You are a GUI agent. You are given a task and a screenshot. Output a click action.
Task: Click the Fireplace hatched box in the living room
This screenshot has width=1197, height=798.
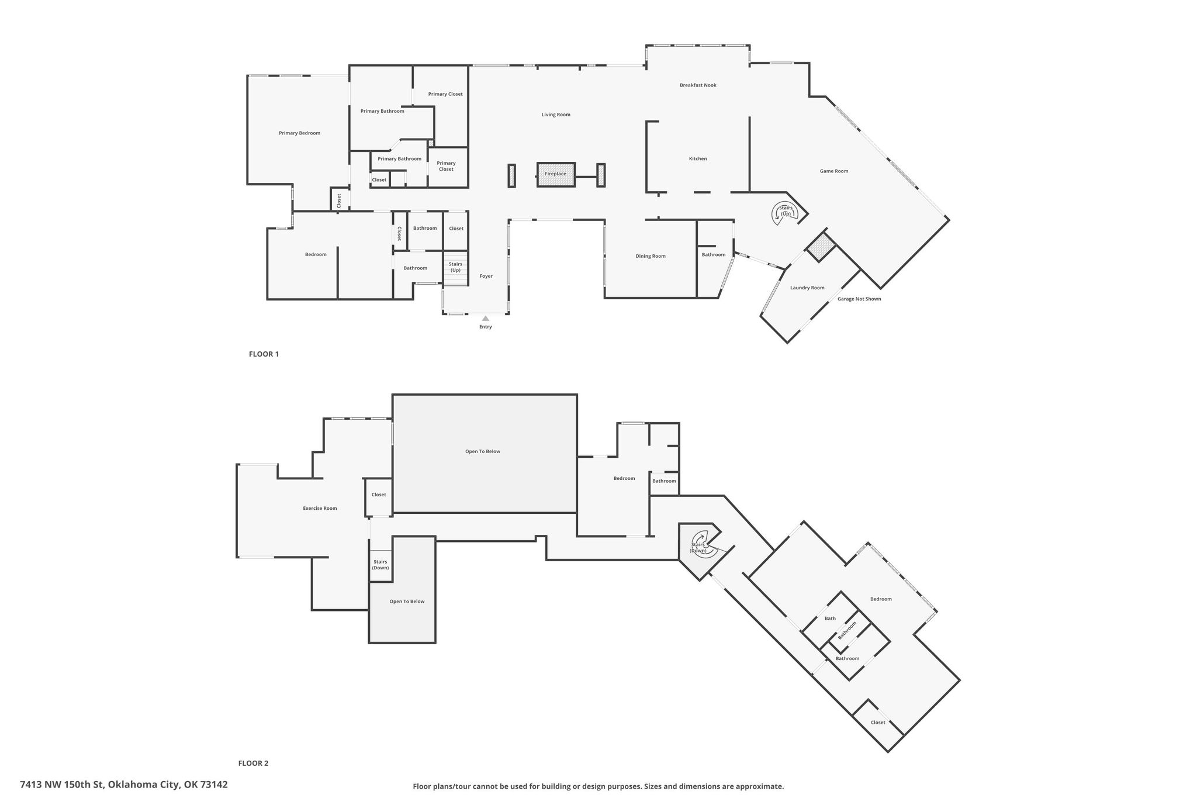click(x=556, y=174)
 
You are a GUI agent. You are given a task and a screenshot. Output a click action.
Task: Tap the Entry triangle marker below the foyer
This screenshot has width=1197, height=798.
click(x=485, y=319)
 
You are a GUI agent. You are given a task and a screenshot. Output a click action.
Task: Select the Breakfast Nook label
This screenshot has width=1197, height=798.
click(x=698, y=85)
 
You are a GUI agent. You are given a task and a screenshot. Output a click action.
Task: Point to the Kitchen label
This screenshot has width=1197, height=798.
click(x=698, y=159)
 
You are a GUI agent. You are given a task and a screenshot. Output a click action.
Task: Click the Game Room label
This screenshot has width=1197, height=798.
click(x=834, y=171)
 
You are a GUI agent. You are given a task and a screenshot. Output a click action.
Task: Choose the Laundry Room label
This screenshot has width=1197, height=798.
click(x=807, y=288)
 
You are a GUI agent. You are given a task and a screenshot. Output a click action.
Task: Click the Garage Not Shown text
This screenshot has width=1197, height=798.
click(x=859, y=299)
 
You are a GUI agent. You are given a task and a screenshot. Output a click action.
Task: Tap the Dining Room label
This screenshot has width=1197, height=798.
click(x=651, y=256)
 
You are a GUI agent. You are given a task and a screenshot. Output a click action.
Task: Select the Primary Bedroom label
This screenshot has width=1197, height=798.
click(x=299, y=133)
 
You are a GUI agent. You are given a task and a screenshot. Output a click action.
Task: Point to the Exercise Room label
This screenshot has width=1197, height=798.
click(x=320, y=509)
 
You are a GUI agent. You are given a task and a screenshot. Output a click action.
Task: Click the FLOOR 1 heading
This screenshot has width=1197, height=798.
click(x=264, y=354)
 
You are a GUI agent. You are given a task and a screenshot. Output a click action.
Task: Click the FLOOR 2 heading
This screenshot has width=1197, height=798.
click(x=253, y=763)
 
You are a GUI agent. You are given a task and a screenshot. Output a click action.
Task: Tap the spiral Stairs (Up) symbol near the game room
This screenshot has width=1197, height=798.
click(x=786, y=212)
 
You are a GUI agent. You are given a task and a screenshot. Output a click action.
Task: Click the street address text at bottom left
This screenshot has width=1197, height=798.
click(x=124, y=785)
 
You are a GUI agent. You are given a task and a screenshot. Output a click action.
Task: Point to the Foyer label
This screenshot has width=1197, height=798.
click(x=486, y=276)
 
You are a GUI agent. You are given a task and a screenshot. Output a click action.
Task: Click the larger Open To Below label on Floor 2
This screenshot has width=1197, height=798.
click(x=483, y=451)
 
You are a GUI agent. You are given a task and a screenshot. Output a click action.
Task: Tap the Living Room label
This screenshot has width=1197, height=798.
click(x=556, y=115)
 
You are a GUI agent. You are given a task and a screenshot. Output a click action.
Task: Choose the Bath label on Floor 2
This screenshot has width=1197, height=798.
click(x=830, y=619)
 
